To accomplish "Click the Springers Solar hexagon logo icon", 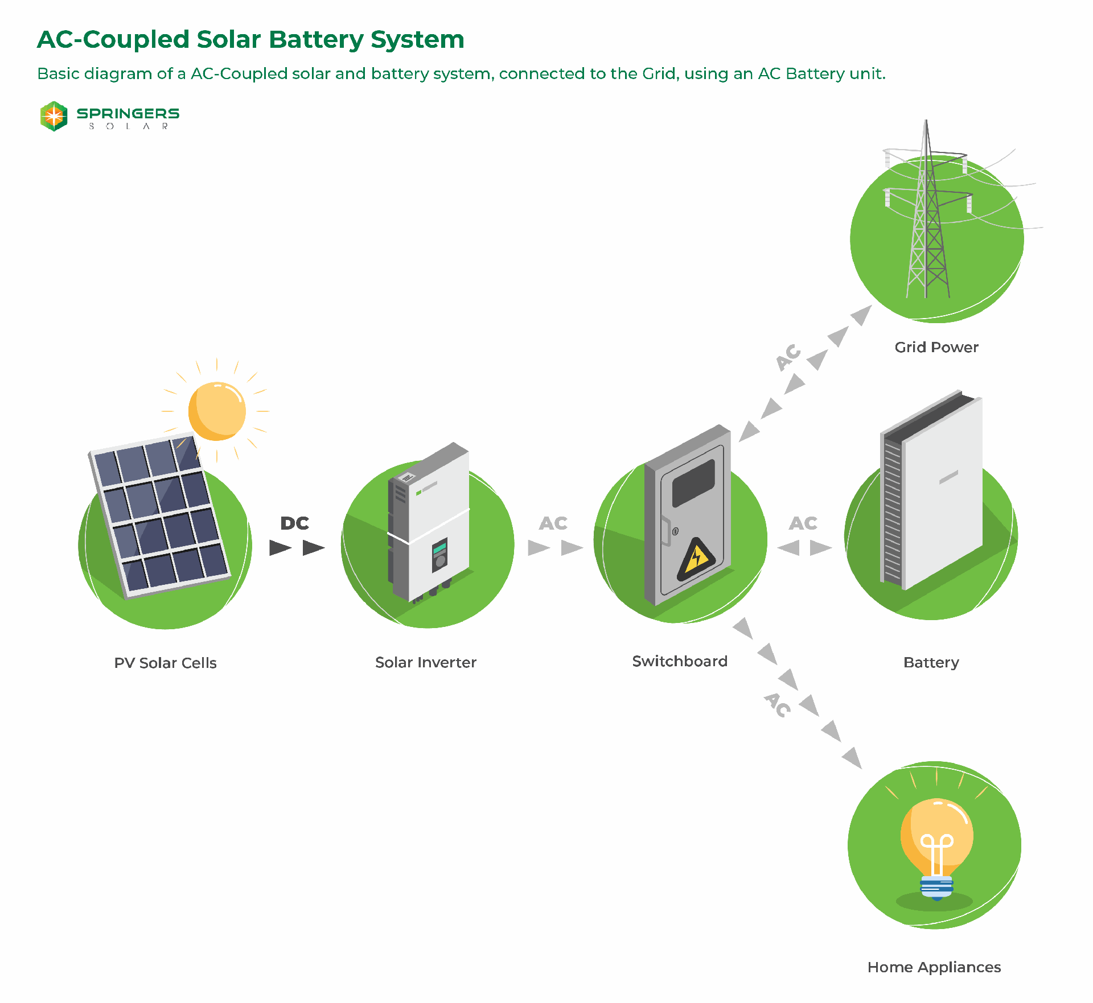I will (54, 116).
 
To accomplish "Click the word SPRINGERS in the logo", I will (128, 113).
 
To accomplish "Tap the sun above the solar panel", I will (217, 411).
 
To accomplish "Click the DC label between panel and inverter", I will (294, 523).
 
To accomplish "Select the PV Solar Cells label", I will (165, 663).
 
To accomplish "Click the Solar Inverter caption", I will (426, 662).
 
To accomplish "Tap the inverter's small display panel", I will (439, 555).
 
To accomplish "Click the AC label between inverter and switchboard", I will (553, 523).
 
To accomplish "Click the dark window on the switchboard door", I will (693, 483).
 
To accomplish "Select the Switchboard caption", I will (680, 661).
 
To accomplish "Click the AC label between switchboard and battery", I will (803, 523).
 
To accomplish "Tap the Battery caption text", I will (931, 662).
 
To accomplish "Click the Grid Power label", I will (936, 347).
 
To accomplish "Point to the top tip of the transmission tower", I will (926, 122).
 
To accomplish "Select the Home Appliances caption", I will (934, 967).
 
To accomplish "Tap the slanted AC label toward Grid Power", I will (789, 357).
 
